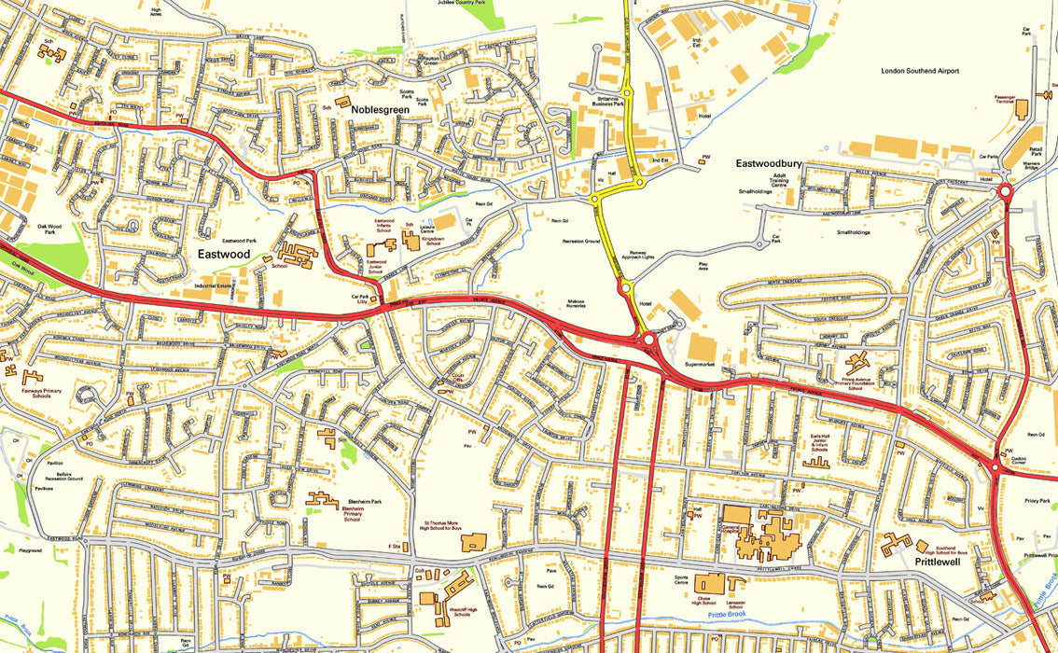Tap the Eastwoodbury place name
pos(769,163)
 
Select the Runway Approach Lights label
pos(649,255)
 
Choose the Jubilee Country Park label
pos(462,3)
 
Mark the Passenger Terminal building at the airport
pos(1020,107)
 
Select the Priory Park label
pos(1037,501)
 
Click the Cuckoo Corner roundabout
pos(997,466)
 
